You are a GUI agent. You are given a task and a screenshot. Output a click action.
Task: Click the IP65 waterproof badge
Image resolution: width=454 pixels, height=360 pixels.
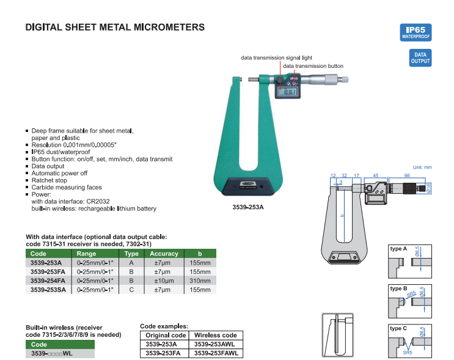pyautogui.click(x=416, y=32)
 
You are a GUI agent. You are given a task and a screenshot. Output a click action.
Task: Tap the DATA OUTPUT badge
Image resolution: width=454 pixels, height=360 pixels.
pyautogui.click(x=420, y=57)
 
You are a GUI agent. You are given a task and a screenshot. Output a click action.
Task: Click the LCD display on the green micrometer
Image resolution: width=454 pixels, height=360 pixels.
pyautogui.click(x=287, y=92)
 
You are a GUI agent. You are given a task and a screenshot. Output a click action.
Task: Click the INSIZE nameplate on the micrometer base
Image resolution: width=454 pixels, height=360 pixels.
pyautogui.click(x=248, y=184)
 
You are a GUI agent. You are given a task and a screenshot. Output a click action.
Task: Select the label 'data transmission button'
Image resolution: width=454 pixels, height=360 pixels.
pyautogui.click(x=313, y=66)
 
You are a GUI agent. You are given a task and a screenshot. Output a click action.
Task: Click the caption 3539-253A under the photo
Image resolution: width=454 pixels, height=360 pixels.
pyautogui.click(x=248, y=207)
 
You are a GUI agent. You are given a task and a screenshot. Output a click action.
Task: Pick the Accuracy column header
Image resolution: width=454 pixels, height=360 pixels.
pyautogui.click(x=164, y=254)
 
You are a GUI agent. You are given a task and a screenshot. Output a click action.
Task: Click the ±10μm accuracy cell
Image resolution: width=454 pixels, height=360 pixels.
pyautogui.click(x=164, y=281)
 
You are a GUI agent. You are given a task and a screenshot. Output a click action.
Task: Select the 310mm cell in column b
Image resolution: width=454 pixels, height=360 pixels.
pyautogui.click(x=200, y=281)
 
